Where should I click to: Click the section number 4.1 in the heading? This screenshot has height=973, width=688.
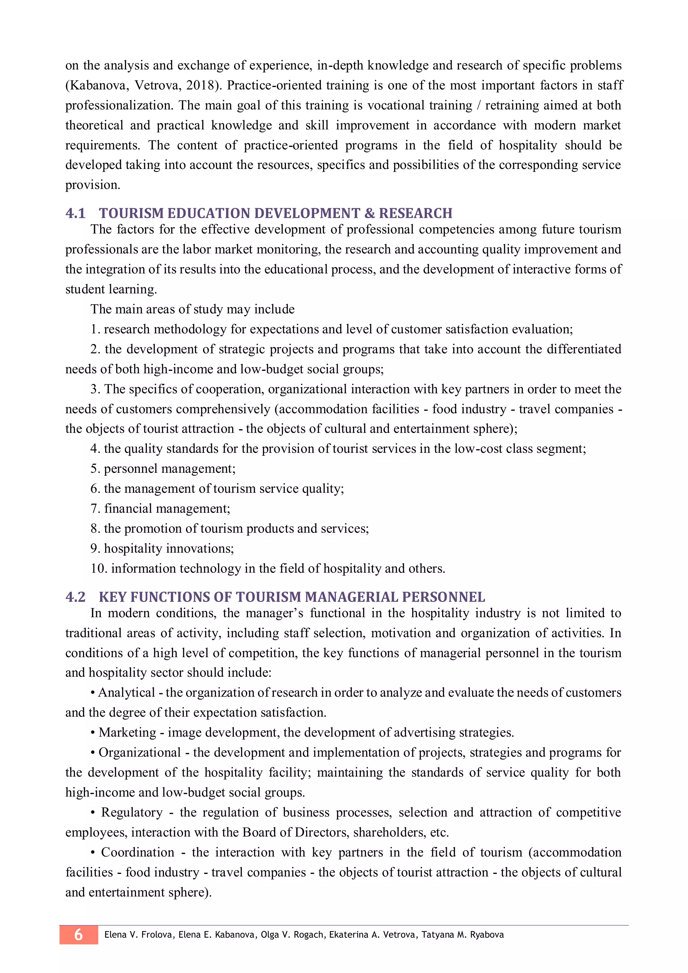pyautogui.click(x=75, y=213)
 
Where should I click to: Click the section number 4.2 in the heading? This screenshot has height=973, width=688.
pyautogui.click(x=75, y=597)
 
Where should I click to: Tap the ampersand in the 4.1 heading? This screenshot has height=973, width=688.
pyautogui.click(x=370, y=213)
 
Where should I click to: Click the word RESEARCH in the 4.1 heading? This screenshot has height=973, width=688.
pyautogui.click(x=415, y=213)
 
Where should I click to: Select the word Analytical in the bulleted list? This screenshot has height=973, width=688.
pyautogui.click(x=126, y=692)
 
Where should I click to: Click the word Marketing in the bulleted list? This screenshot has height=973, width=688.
pyautogui.click(x=127, y=732)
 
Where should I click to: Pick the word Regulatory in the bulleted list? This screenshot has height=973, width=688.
pyautogui.click(x=132, y=812)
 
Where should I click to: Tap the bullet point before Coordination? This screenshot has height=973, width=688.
pyautogui.click(x=93, y=852)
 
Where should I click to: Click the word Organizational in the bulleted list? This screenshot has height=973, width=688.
pyautogui.click(x=139, y=752)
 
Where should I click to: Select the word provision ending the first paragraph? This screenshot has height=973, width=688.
pyautogui.click(x=92, y=185)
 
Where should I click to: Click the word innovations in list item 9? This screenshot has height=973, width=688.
pyautogui.click(x=200, y=548)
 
